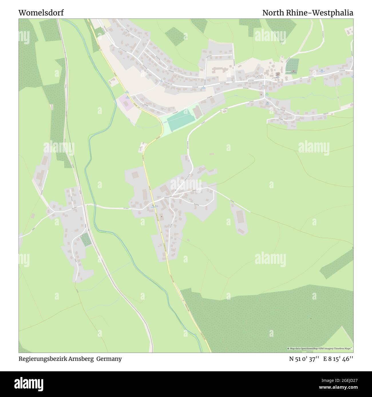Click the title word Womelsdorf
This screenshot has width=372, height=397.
[41, 13]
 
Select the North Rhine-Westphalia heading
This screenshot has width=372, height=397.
[308, 13]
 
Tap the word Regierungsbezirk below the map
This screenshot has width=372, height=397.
[43, 359]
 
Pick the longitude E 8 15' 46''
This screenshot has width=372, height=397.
[338, 359]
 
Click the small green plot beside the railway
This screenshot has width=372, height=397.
[85, 240]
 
